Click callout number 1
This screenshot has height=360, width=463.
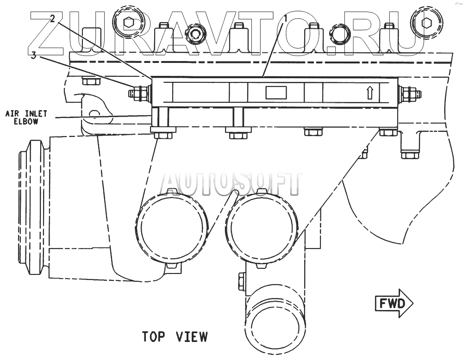[x=286, y=19]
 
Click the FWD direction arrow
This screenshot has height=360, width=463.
[x=393, y=304]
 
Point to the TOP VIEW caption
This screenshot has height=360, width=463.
[x=175, y=336]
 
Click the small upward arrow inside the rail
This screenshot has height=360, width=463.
[x=369, y=93]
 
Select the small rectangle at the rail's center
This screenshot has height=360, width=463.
[x=276, y=92]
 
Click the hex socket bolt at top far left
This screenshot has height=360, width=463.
[x=130, y=21]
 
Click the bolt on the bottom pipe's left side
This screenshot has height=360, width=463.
[x=241, y=281]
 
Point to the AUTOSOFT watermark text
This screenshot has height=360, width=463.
[x=231, y=183]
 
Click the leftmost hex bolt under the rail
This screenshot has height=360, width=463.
[x=163, y=135]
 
